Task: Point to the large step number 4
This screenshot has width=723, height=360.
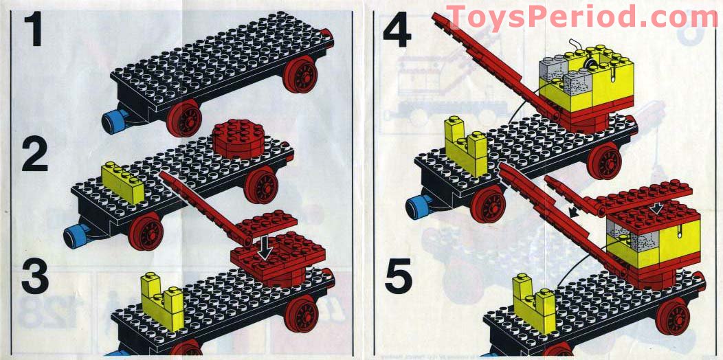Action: point(396,30)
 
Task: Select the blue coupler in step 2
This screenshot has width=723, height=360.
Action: point(75,236)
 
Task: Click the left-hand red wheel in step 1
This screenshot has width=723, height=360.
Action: point(184,119)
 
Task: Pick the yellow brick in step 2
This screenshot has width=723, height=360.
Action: point(122,181)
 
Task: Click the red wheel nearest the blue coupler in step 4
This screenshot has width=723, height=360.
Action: point(489,204)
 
